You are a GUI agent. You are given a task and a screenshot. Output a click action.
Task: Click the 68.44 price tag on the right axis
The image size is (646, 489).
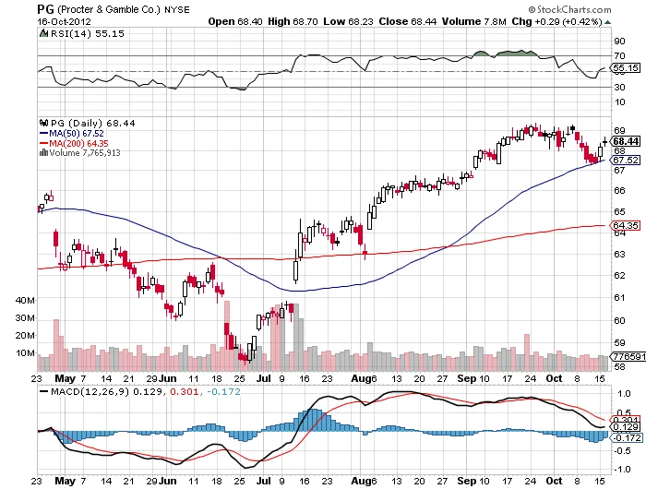tap(627, 140)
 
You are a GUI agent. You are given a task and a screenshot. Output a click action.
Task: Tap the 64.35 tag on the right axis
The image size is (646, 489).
tap(627, 225)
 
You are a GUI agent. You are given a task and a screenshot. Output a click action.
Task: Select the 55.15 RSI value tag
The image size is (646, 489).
tap(627, 68)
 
